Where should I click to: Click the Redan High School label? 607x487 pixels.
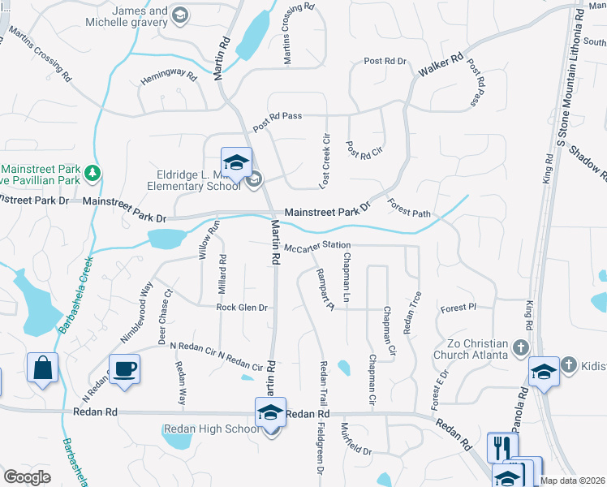pos(210,429)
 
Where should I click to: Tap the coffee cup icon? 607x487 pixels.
pos(124,369)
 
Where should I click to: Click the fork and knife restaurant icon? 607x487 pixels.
pos(502,448)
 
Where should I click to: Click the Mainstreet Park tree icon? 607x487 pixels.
pos(93,172)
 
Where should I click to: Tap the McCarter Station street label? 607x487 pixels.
pos(317,245)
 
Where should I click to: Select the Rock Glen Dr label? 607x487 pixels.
pos(242,308)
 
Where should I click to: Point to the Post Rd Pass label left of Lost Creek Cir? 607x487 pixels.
pos(277,120)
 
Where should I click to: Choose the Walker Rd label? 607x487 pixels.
pos(440,66)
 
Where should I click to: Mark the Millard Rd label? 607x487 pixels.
pos(222,273)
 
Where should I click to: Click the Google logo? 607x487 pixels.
pos(27,477)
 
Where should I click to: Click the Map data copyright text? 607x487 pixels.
pos(572,481)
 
